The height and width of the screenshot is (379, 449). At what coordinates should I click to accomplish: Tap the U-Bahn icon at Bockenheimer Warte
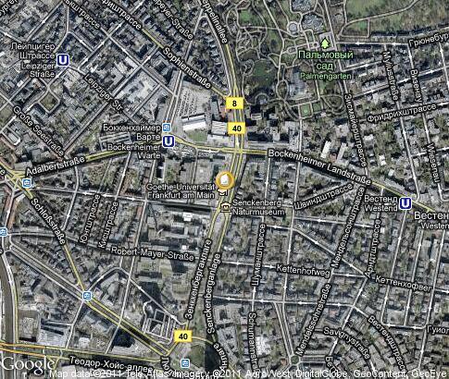(168, 141)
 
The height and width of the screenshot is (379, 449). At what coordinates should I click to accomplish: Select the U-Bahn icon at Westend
(406, 202)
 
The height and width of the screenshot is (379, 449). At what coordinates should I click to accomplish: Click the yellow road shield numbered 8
(236, 104)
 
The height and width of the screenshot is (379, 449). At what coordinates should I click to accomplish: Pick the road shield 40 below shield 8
(236, 128)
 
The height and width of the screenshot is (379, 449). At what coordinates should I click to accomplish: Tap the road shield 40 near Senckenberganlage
(183, 336)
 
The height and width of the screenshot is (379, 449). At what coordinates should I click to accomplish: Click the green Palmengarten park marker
(325, 43)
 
